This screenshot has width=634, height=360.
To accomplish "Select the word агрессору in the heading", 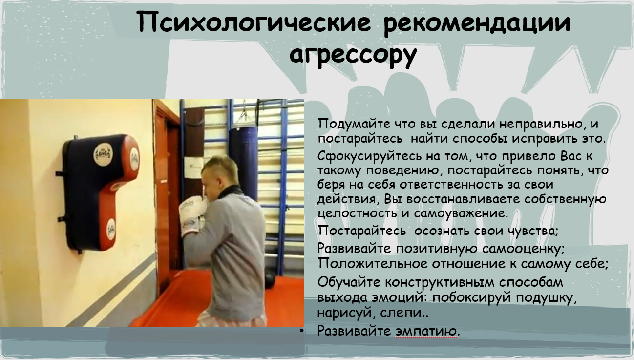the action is [353, 55].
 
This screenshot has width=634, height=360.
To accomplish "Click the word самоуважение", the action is [460, 213].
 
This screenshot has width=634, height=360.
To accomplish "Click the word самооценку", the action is [523, 249].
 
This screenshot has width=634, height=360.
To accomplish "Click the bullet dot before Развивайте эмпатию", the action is [302, 331].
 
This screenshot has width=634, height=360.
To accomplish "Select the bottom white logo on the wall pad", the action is [111, 230].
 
